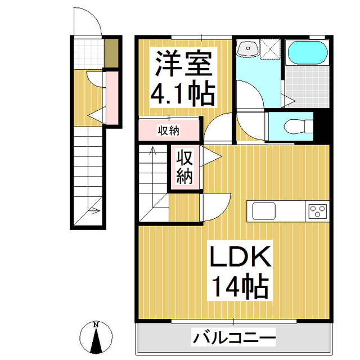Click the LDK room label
point(240,258)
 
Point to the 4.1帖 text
point(182,94)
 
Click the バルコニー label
point(235,339)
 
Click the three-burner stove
point(317,211)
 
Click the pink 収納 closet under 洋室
point(168,130)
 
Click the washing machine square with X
point(271,48)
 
